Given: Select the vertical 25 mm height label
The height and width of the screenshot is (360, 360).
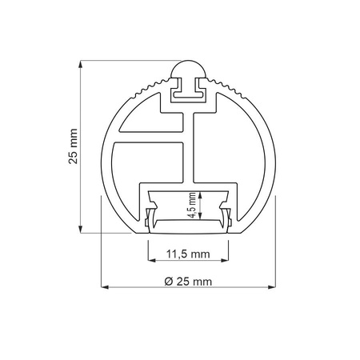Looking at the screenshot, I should click(x=73, y=146).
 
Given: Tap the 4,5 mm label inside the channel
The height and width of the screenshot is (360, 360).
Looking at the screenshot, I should click(x=192, y=204).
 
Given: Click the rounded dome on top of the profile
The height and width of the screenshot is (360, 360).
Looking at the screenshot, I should click(x=188, y=70).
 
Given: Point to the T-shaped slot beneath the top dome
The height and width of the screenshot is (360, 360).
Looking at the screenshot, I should click(x=188, y=93).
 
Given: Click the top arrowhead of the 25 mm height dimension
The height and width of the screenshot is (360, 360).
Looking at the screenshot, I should click(x=83, y=63).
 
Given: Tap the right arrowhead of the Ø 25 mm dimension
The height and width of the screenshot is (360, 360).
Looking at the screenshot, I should click(x=273, y=286).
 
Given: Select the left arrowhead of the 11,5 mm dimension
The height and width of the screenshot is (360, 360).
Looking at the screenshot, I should click(x=151, y=261).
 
